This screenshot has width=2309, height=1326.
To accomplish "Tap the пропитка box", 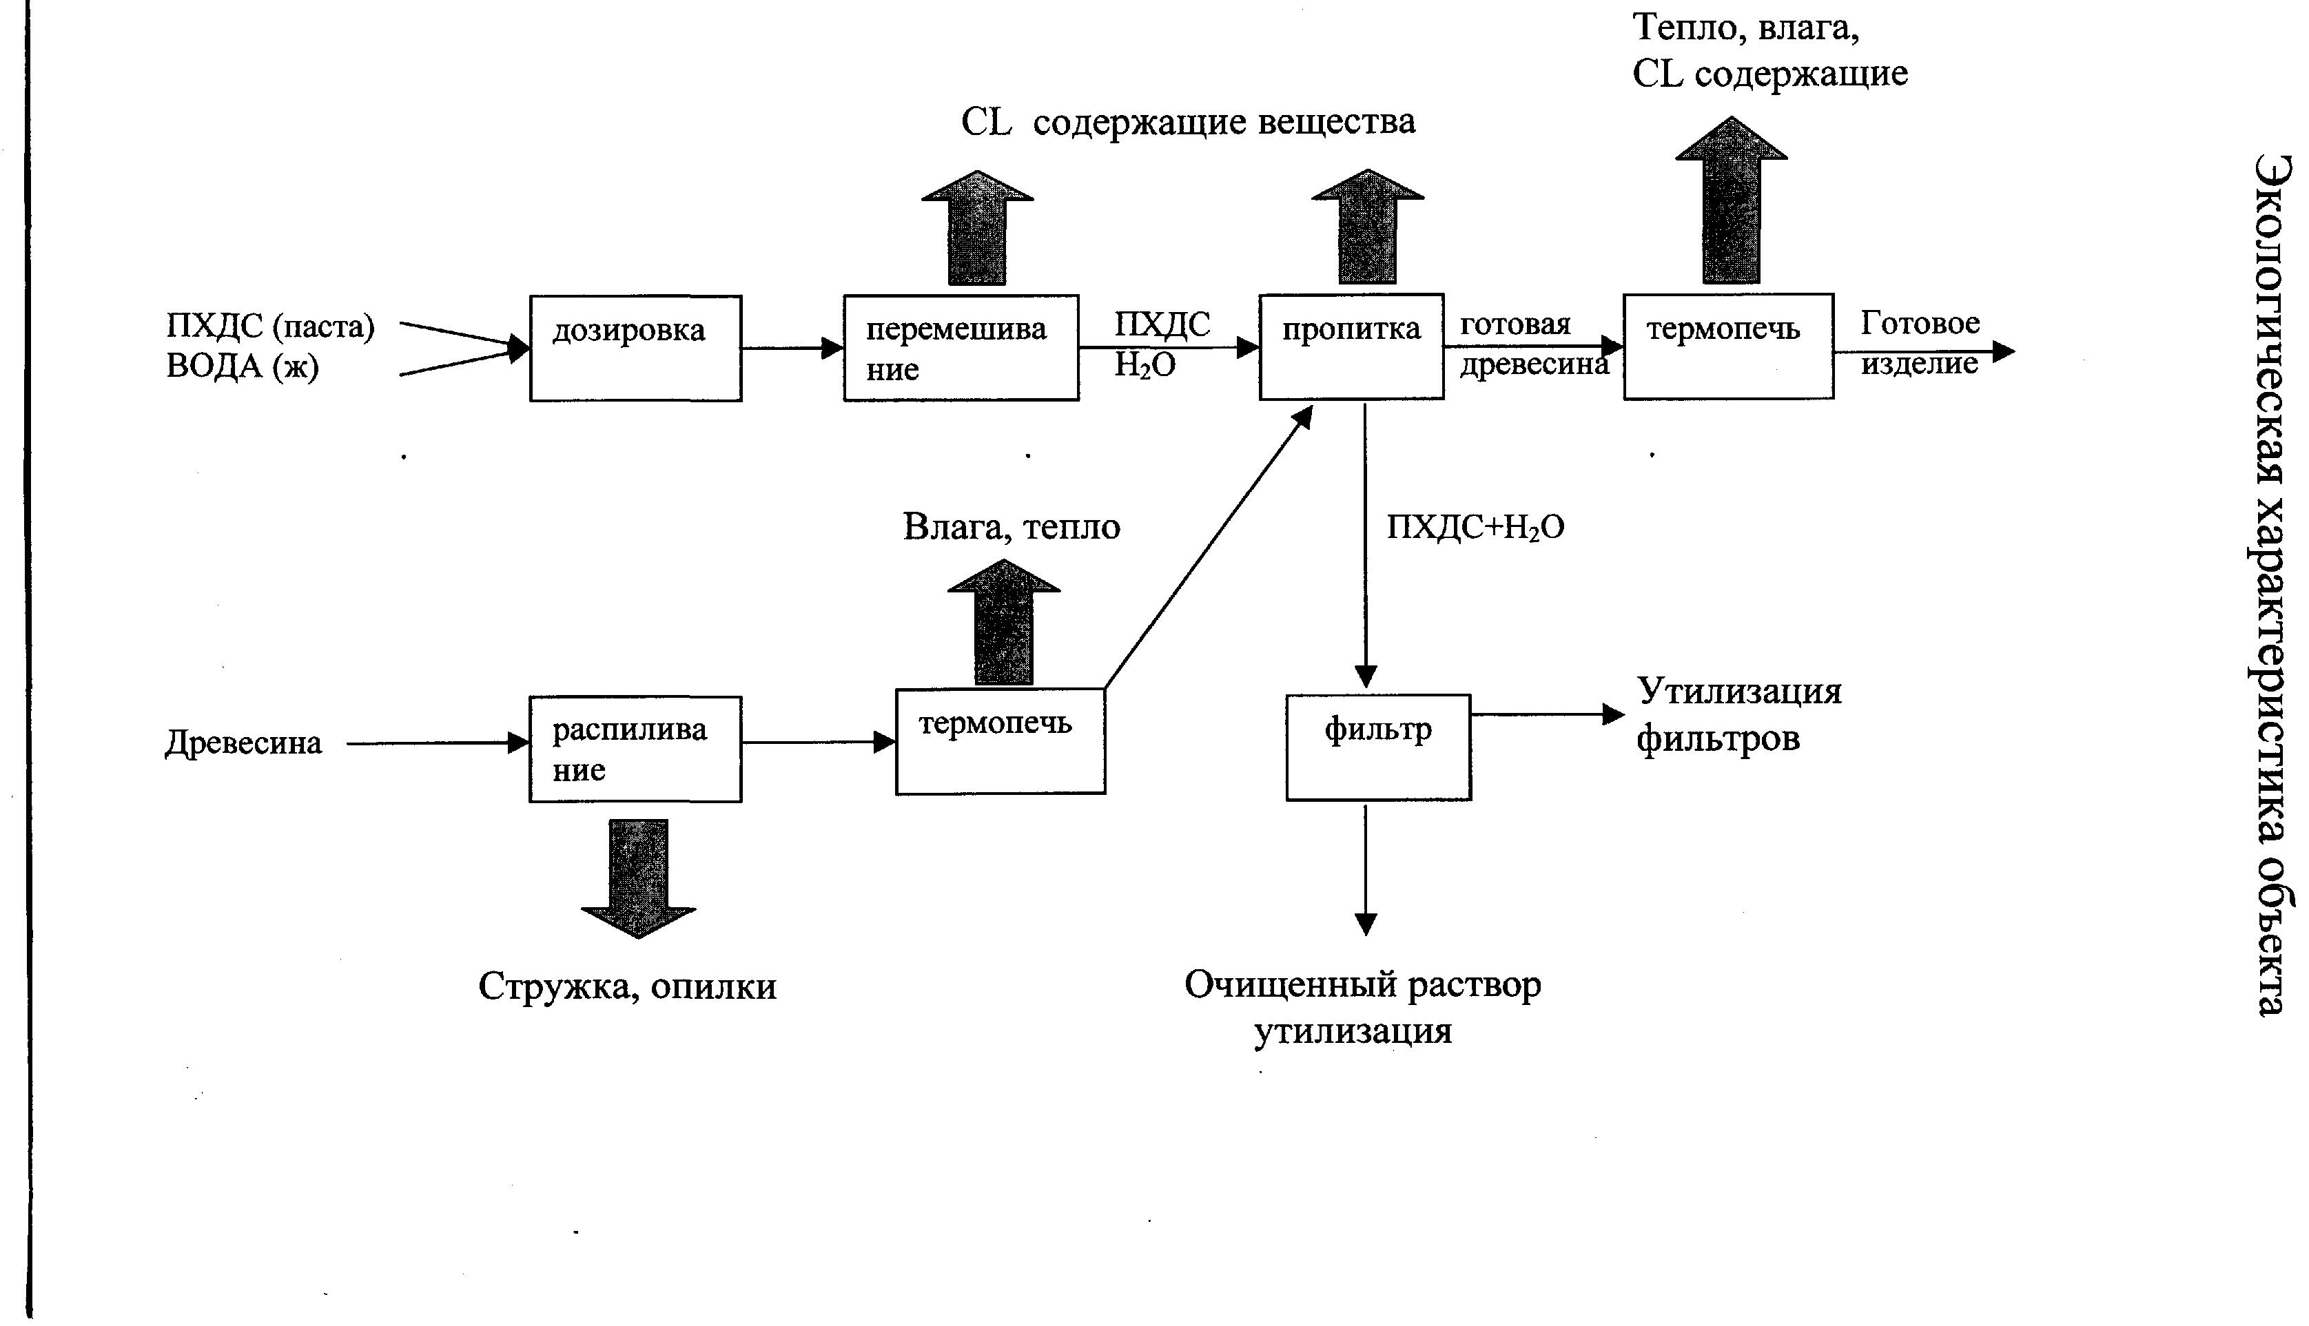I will (x=1351, y=346).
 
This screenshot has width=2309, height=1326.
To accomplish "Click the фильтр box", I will (x=1377, y=747).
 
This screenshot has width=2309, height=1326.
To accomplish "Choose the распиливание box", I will (x=635, y=749).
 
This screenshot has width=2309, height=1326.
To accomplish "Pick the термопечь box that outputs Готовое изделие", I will (x=1728, y=346).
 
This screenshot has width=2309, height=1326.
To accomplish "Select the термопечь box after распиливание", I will (x=999, y=740).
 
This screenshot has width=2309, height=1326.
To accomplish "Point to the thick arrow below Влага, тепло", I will (x=1004, y=624).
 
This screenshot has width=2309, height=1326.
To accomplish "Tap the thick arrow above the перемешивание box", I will (x=977, y=229).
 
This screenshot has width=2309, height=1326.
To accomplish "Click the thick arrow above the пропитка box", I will (x=1367, y=228).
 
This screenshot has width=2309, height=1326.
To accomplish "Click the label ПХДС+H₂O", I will (x=1475, y=528).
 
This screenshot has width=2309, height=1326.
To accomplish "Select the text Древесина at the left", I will (x=243, y=743).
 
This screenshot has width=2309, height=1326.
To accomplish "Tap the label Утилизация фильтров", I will (x=1738, y=715).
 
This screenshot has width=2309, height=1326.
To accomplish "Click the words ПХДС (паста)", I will (x=269, y=326).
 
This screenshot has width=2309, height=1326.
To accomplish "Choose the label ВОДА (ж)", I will (x=243, y=366).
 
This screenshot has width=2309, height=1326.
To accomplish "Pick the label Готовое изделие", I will (x=1919, y=343).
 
